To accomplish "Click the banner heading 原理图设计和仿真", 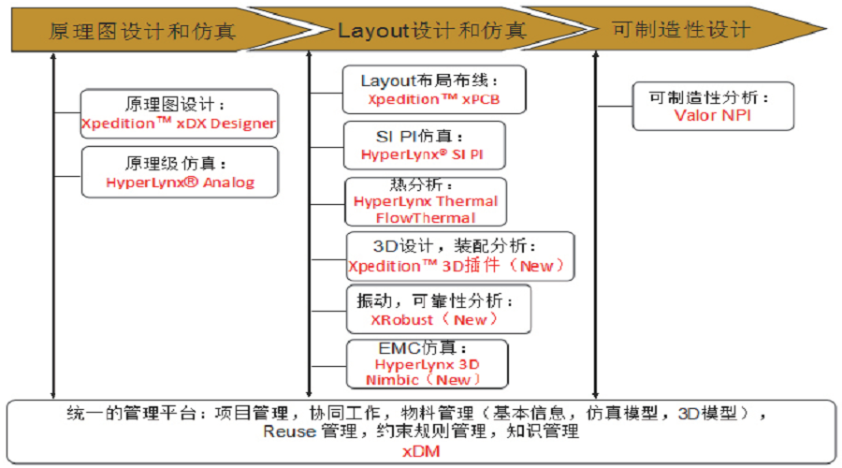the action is pos(142,31).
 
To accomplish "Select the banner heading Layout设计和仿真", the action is pos(431,31).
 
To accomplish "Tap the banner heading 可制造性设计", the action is pos(681,30).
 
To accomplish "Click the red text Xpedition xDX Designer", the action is pos(179,123).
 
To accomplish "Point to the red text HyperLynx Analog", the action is pos(181,183).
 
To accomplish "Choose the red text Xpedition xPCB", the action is pos(434,99).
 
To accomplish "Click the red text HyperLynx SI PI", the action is pos(422,154).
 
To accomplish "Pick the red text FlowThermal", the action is pos(426,217).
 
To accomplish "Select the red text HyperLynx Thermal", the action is pos(426,201).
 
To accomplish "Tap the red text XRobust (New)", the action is pos(434,320).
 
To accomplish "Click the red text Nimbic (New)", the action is pos(423,380).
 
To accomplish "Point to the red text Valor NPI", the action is pos(713,115).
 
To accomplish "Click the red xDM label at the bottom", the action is pos(422,451).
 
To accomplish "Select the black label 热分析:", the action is pos(422,185).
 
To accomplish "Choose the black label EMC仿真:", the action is pos(423,348).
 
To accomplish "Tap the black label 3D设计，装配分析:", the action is pos(455,246).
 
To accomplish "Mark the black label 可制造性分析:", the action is pos(709,97).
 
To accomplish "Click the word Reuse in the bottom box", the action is pos(289,431).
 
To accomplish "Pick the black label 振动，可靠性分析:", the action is pos(435,300).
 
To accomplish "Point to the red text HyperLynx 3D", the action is pos(427,364).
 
